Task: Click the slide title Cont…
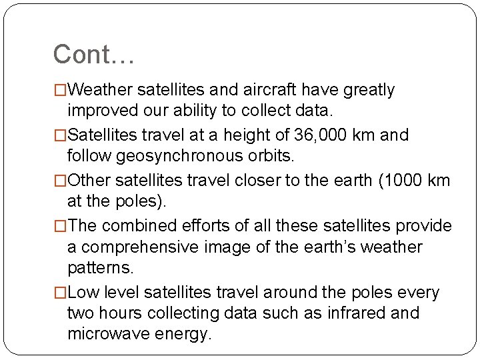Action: pos(94,55)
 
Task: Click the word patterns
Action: pos(101,268)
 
